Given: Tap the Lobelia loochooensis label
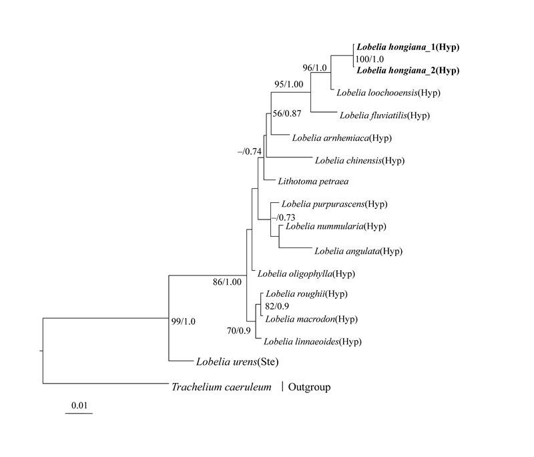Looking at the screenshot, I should (x=387, y=92).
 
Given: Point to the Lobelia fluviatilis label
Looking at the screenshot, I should (x=384, y=115).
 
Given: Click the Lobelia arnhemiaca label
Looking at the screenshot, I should (x=341, y=138).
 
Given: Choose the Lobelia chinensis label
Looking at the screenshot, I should (x=360, y=160).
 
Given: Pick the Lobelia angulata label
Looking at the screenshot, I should (x=358, y=251).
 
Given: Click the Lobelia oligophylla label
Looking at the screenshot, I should (x=306, y=274).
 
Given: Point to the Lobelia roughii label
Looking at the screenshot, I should (x=307, y=294).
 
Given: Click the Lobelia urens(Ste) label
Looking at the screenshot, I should (x=237, y=362).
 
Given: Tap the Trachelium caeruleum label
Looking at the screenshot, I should (x=221, y=386).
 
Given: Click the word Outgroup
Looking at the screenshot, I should (x=308, y=386).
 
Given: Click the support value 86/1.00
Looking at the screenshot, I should (x=227, y=282).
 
